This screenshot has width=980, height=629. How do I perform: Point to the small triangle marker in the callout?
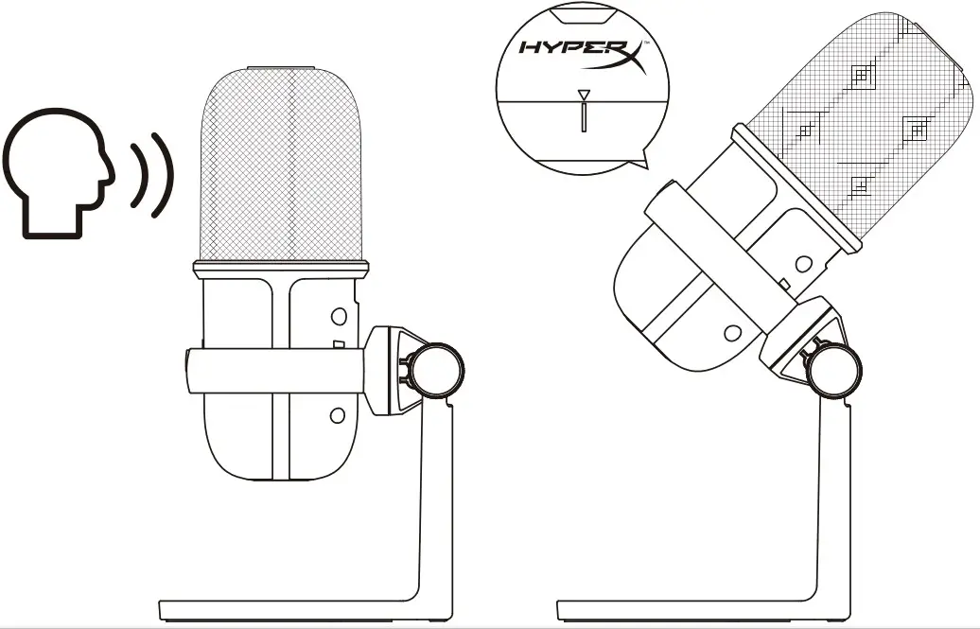point(585,95)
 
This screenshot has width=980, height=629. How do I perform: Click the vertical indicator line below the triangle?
point(585,117)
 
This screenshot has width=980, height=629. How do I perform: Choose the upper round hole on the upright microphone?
point(338,316)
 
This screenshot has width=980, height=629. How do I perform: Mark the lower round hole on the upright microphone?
point(337,414)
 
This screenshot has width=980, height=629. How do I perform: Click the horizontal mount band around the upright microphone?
point(274,370)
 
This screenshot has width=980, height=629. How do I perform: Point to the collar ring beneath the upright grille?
point(281,269)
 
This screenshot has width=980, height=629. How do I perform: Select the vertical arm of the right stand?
point(829,501)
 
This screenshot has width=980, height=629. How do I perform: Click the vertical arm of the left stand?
point(436,501)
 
